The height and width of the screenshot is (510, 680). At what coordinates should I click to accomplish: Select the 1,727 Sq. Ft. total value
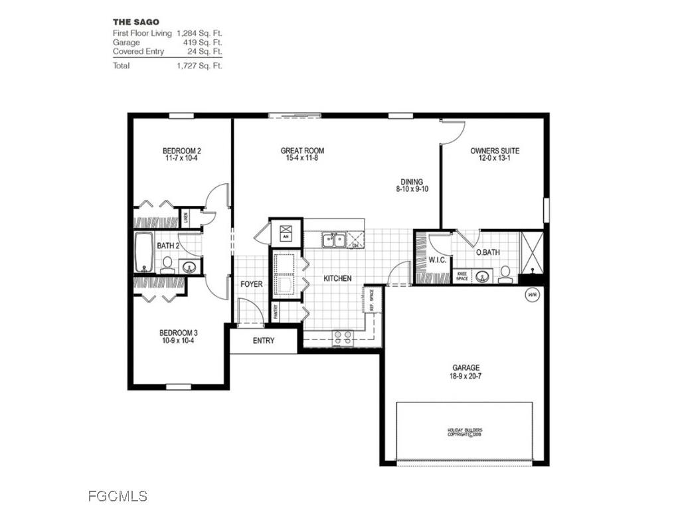click(199, 66)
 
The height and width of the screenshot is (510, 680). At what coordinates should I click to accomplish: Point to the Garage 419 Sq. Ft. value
click(203, 42)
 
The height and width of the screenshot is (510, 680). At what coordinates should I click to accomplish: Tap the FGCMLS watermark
click(118, 496)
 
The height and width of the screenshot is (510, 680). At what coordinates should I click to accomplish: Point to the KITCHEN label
click(337, 278)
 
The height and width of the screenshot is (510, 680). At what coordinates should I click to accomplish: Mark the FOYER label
click(252, 284)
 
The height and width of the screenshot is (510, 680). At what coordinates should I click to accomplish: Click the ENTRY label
click(263, 341)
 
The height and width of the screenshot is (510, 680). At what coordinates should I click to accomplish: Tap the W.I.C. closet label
click(436, 260)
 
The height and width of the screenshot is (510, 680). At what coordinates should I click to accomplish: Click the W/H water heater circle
click(531, 295)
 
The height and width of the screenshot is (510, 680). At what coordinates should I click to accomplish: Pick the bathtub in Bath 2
click(144, 252)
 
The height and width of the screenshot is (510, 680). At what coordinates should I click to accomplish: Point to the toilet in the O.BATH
click(505, 274)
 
